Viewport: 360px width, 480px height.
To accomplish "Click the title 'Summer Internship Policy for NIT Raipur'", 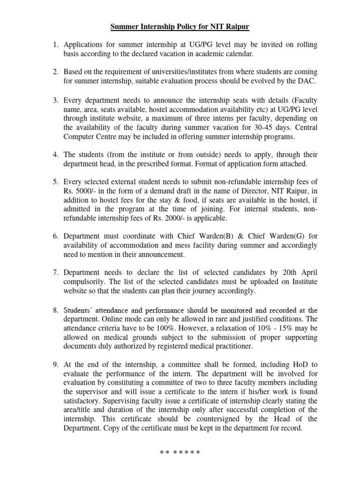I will pos(180,27).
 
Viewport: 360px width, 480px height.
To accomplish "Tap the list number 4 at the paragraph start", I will pos(54,155).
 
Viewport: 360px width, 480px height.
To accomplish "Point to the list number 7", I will pos(54,272).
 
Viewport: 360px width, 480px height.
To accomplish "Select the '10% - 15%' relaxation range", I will pos(280,328).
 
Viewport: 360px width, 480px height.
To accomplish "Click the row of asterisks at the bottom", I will pos(180,453).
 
